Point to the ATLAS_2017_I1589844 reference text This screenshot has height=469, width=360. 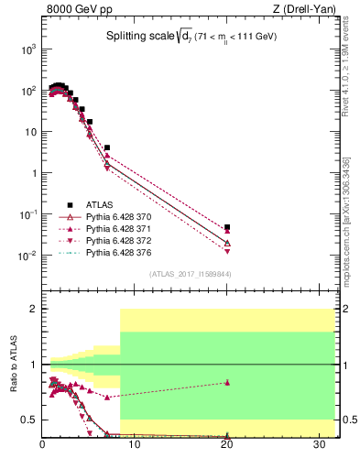(190, 274)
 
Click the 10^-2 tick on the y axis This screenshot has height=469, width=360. (27, 256)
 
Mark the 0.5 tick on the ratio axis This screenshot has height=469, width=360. (29, 420)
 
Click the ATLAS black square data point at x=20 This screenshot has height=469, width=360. (227, 227)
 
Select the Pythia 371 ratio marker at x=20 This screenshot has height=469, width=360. (227, 383)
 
